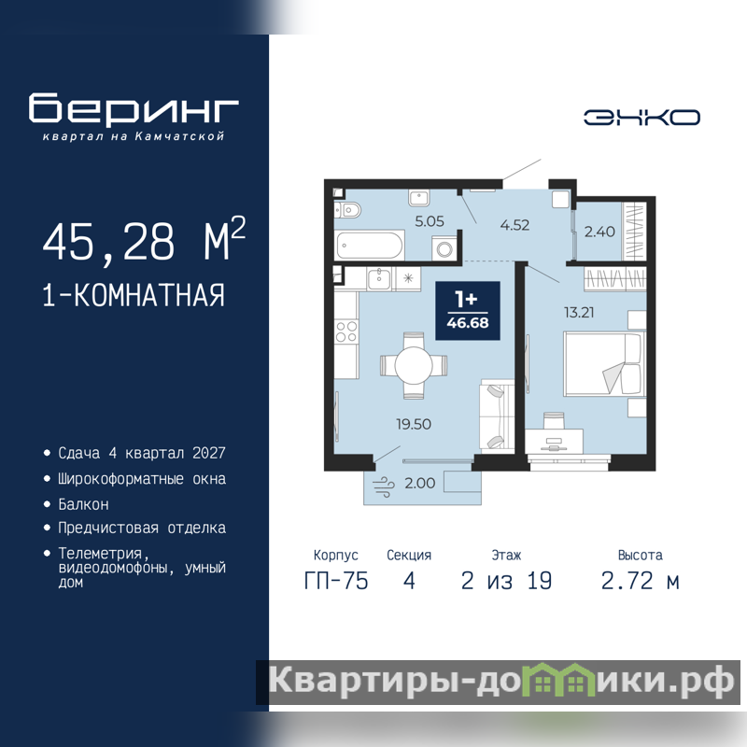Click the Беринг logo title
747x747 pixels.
coord(134,109)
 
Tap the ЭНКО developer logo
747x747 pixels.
coord(641,118)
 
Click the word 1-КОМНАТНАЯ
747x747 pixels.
coord(134,295)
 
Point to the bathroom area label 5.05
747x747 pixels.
coord(430,221)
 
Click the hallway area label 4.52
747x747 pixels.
coord(514,225)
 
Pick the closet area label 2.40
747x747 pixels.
coord(599,232)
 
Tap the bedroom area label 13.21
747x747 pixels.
coord(579,313)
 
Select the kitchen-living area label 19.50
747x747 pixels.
coord(414,424)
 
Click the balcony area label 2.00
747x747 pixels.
coord(419,483)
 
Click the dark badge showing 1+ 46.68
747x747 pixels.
coord(468,311)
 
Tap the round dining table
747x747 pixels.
coord(414,365)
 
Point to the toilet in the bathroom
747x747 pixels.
coord(347,209)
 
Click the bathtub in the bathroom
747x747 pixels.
coord(369,246)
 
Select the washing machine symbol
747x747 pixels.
coord(445,248)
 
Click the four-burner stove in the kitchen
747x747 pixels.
coord(346,331)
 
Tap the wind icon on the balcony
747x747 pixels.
coord(384,486)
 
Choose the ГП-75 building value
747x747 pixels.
coord(336,581)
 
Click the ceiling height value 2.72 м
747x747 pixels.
coord(640,581)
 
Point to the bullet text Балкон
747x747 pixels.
coord(83,504)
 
